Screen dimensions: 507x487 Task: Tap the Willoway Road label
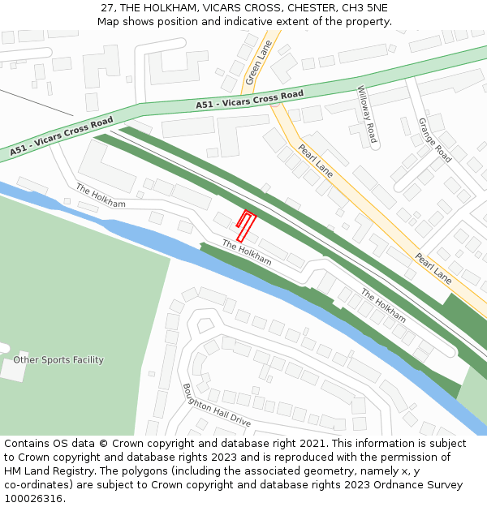pyautogui.click(x=368, y=114)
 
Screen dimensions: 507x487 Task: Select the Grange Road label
pyautogui.click(x=434, y=139)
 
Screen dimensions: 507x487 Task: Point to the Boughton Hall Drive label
pyautogui.click(x=216, y=406)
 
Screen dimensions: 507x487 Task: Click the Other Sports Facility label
pyautogui.click(x=58, y=359)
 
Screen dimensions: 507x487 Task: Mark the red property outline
pyautogui.click(x=244, y=225)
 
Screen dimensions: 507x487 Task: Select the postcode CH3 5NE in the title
pyautogui.click(x=366, y=8)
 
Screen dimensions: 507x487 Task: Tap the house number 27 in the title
pyautogui.click(x=108, y=8)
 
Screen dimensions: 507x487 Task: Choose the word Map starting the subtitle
pyautogui.click(x=108, y=21)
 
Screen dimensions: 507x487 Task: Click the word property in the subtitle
pyautogui.click(x=366, y=21)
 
